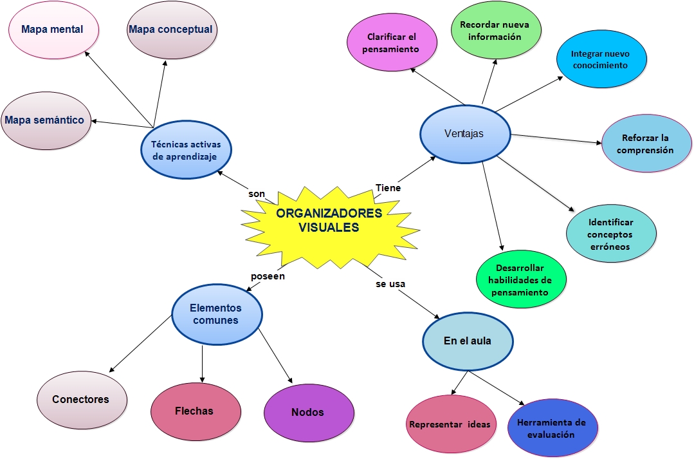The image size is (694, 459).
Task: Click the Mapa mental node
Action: pos(53,30)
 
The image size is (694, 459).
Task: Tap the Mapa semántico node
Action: pos(45,120)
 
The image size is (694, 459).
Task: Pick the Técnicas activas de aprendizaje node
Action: pos(185,149)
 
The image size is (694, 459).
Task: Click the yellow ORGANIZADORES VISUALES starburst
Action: pos(329,220)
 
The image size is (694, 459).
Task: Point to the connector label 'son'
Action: pos(257,194)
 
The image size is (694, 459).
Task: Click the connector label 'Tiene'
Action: pos(388,188)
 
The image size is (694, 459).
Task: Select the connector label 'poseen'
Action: pos(268,276)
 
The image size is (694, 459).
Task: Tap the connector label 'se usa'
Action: pos(390,283)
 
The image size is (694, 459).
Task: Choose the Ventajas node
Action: pos(464,134)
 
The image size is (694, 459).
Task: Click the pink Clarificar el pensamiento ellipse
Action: pos(391,43)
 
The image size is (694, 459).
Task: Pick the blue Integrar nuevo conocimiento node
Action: pos(601,59)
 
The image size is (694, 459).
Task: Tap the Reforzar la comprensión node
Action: pos(646,144)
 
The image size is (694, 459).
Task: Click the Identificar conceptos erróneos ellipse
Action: pos(610,234)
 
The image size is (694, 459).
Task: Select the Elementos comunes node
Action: pos(216,315)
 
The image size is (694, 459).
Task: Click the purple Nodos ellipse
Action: pos(308,413)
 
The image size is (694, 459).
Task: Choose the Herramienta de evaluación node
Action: pos(551,428)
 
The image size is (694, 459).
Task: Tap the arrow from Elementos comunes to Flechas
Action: pos(203,364)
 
